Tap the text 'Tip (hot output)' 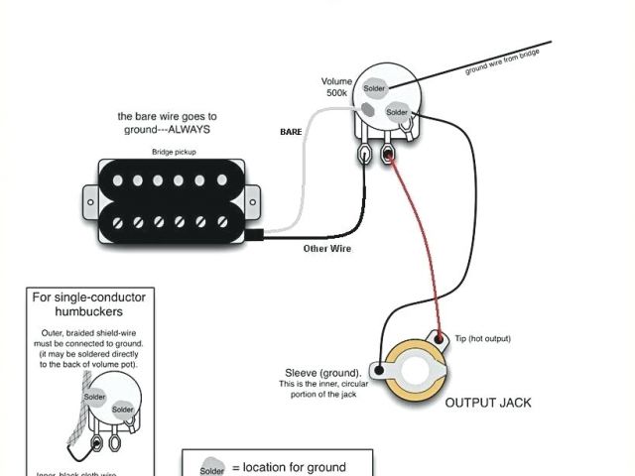[482, 338]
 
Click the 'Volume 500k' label [336, 87]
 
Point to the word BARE [291, 132]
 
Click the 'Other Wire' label [327, 248]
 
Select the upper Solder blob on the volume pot [374, 88]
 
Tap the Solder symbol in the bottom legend [212, 468]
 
